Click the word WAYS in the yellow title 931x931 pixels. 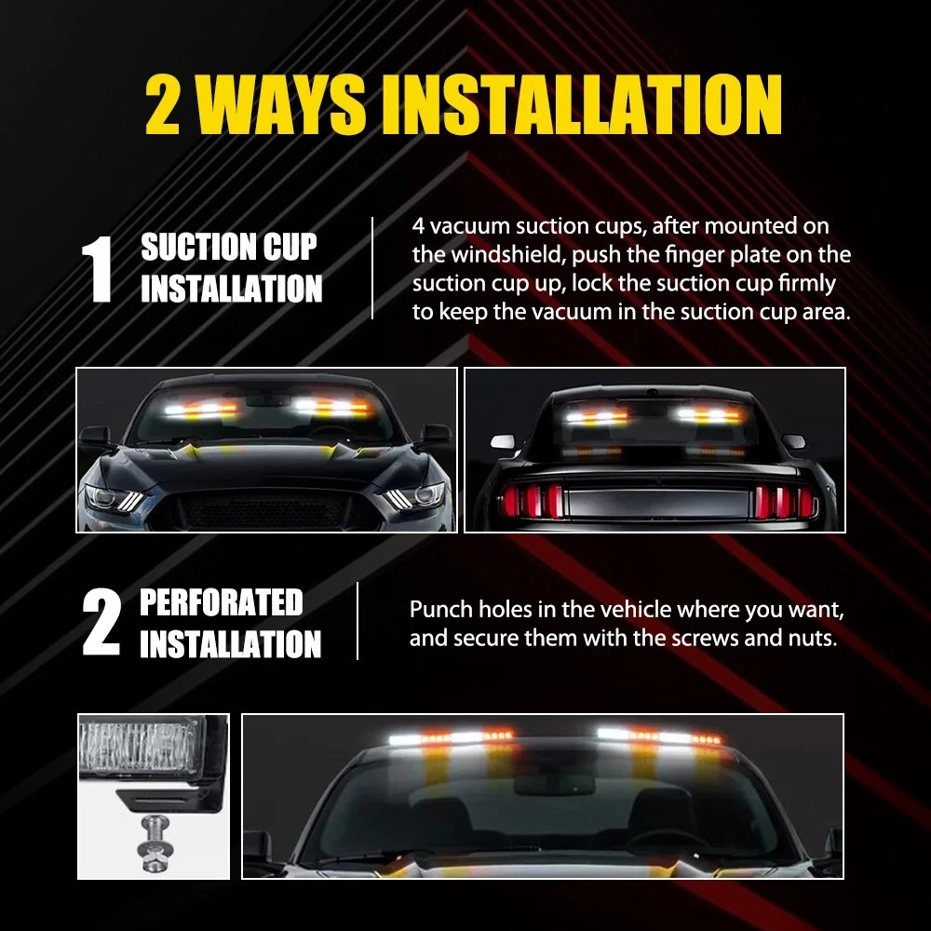pos(280,106)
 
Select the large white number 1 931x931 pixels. pos(98,269)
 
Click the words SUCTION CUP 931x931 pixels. pos(229,247)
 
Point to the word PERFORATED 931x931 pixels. pos(222,602)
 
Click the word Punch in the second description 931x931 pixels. pos(440,610)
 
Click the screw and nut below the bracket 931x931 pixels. pos(154,843)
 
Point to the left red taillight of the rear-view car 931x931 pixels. pos(532,500)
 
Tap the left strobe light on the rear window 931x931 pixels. pos(596,416)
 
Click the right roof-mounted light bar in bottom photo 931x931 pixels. pos(659,735)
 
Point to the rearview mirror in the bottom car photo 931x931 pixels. pos(554,783)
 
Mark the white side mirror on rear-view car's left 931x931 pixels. pos(503,441)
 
